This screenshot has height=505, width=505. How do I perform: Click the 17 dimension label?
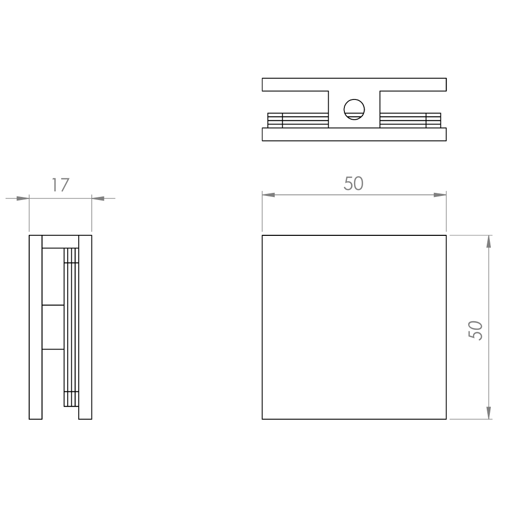click(x=60, y=185)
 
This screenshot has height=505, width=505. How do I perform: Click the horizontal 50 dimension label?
click(x=353, y=183)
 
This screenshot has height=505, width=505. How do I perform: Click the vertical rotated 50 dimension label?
click(x=475, y=330)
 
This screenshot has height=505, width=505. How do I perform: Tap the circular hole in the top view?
click(x=354, y=110)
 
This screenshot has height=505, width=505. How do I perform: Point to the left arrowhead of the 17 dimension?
click(x=23, y=198)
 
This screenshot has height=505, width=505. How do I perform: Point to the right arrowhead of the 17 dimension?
click(x=98, y=198)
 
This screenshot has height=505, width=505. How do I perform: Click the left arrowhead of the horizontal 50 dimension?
click(x=268, y=195)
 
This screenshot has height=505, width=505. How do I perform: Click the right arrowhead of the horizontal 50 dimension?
click(x=440, y=195)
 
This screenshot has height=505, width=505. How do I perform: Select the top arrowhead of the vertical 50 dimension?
click(x=488, y=241)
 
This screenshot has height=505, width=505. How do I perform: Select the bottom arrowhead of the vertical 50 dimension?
click(x=488, y=413)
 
